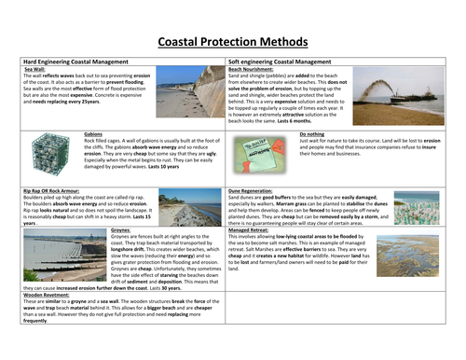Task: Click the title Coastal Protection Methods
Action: click(x=233, y=42)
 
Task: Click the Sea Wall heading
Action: click(x=34, y=69)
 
